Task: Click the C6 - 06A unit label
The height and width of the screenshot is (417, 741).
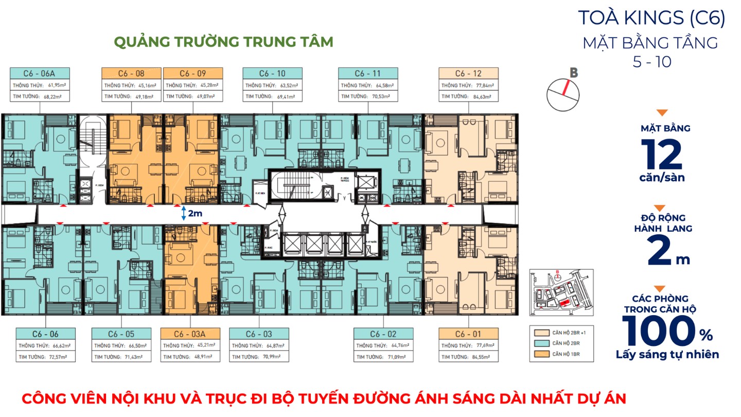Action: point(39,73)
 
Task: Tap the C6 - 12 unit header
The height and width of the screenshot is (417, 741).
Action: point(468,73)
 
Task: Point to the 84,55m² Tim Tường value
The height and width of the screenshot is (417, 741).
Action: point(481,357)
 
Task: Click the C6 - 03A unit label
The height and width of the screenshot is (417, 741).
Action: point(190,334)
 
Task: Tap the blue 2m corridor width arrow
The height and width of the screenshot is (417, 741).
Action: point(184,214)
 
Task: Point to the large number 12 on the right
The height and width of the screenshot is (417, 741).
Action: point(661,155)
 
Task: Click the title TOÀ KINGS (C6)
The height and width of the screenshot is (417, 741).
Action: point(651,18)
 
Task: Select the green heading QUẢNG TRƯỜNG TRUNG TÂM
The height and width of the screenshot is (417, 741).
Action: point(223,42)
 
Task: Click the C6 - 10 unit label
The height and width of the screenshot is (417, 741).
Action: point(272,73)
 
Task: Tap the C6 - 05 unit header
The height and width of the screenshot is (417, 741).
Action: point(121,334)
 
